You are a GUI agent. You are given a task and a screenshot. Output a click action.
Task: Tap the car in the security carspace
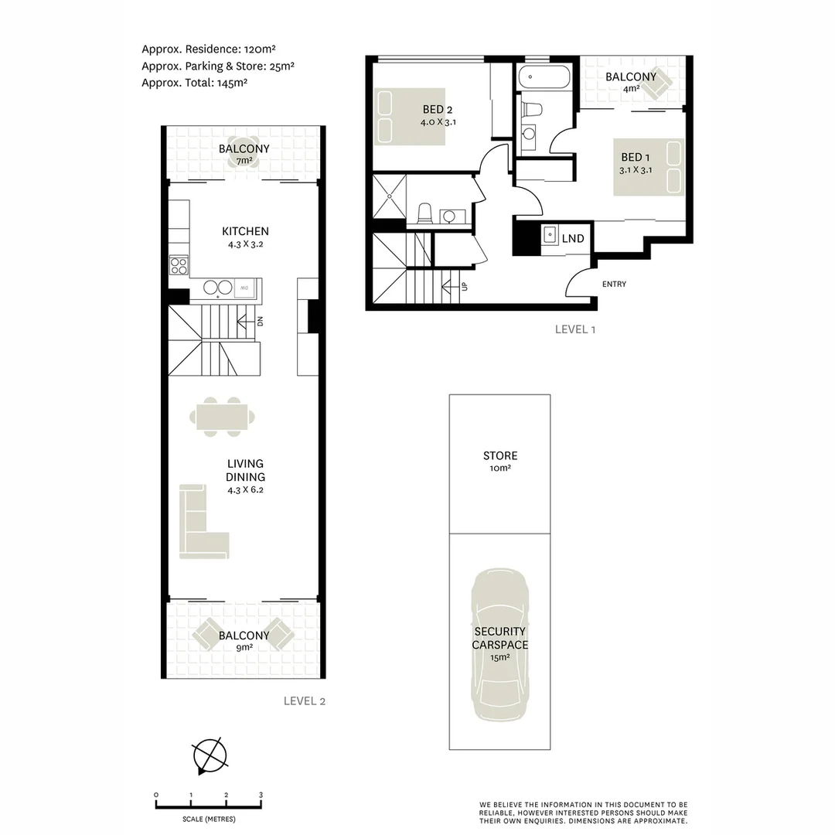[500, 646]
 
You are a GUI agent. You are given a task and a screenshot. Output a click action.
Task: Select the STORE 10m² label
[500, 461]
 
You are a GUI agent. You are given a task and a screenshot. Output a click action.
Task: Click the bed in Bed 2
[411, 117]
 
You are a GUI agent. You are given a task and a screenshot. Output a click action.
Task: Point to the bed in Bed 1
[649, 167]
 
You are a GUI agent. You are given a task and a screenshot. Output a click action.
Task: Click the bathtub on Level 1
[544, 79]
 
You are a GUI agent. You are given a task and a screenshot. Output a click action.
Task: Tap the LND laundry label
[572, 239]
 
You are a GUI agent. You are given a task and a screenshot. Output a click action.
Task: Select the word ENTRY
[614, 285]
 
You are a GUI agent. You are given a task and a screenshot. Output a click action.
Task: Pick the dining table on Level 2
[222, 417]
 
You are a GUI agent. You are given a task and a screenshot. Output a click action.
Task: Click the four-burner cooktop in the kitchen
[179, 265]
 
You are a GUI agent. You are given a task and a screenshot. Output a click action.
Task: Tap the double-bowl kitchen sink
[219, 288]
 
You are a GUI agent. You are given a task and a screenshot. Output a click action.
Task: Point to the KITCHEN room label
[245, 231]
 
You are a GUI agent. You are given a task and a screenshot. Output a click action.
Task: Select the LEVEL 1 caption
[575, 329]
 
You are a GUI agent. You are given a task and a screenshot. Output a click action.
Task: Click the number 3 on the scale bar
[261, 795]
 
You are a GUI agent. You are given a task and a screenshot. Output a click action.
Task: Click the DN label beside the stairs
[261, 321]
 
